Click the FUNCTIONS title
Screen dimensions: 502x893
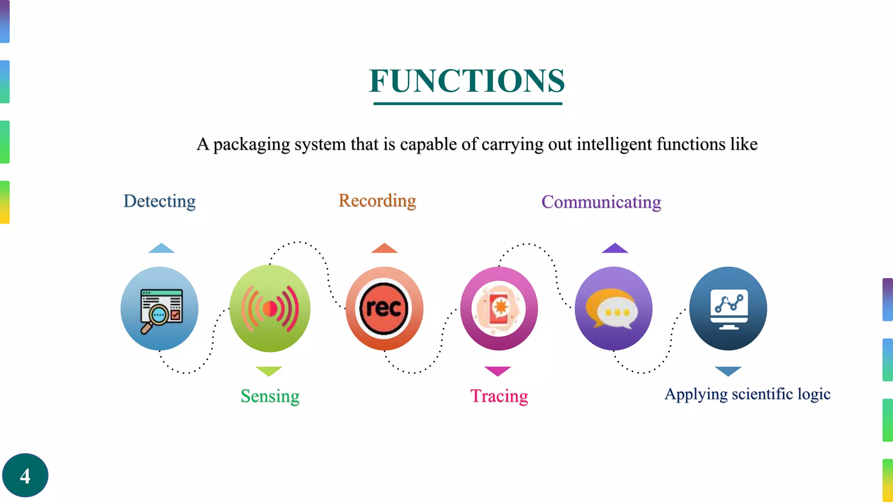467,81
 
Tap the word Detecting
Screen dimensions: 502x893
160,201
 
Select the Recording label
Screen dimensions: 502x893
377,201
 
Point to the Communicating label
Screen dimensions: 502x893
601,202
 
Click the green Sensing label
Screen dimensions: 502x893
270,396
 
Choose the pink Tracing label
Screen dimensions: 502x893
499,396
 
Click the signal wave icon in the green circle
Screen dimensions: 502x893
270,309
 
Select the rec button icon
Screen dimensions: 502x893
384,309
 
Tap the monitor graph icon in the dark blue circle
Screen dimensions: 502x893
729,309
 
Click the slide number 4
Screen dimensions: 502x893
25,475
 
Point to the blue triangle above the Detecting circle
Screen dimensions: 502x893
161,249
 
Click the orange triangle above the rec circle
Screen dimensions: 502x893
384,249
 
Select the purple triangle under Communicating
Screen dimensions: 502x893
615,249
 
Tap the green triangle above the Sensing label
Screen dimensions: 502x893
269,370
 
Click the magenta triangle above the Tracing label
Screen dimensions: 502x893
498,370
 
